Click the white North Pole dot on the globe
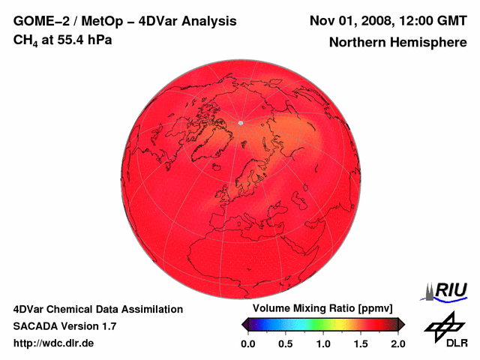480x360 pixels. [241, 122]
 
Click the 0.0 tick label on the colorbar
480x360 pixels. [248, 343]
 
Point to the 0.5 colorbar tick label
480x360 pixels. [286, 343]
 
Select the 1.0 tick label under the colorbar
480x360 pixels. [323, 343]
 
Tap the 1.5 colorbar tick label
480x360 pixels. [361, 343]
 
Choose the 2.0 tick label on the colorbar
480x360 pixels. [397, 343]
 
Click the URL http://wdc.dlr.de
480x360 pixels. [54, 343]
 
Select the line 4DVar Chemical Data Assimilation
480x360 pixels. [97, 309]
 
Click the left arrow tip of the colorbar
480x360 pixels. [243, 324]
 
